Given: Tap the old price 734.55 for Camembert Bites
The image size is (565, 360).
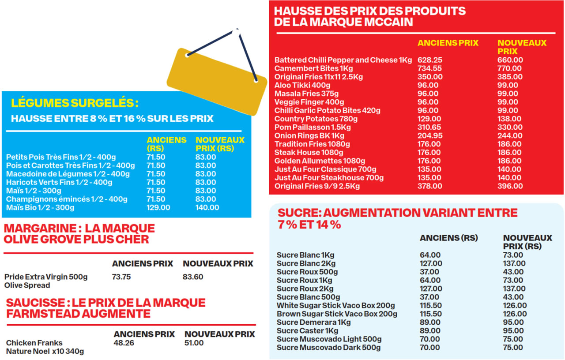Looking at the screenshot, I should point(429,68).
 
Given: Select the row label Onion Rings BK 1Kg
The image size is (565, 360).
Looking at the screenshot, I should point(309,135).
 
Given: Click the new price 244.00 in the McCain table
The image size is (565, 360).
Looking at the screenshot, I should point(510,135).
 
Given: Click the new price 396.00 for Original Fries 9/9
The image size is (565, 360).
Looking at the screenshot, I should point(510,186).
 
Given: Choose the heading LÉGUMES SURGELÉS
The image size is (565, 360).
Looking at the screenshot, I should point(74,103).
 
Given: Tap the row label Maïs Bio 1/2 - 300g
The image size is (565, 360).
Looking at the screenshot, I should point(40,207).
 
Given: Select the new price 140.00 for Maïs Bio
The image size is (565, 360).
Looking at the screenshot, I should point(207,207).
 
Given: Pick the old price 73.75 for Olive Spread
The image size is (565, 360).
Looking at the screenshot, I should point(122,277).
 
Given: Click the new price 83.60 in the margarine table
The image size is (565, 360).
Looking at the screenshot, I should point(193,277).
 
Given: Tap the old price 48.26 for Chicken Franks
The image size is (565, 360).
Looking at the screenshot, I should point(124,343).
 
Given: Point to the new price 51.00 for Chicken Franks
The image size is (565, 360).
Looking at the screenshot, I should point(194,343).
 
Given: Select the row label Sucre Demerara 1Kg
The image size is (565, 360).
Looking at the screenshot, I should point(313,322).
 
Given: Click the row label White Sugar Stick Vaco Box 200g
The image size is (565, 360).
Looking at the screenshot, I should point(335,306).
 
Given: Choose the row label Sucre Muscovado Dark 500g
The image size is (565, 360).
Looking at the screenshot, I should point(328,348).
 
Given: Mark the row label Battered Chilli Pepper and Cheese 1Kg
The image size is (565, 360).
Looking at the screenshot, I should point(343,60).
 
